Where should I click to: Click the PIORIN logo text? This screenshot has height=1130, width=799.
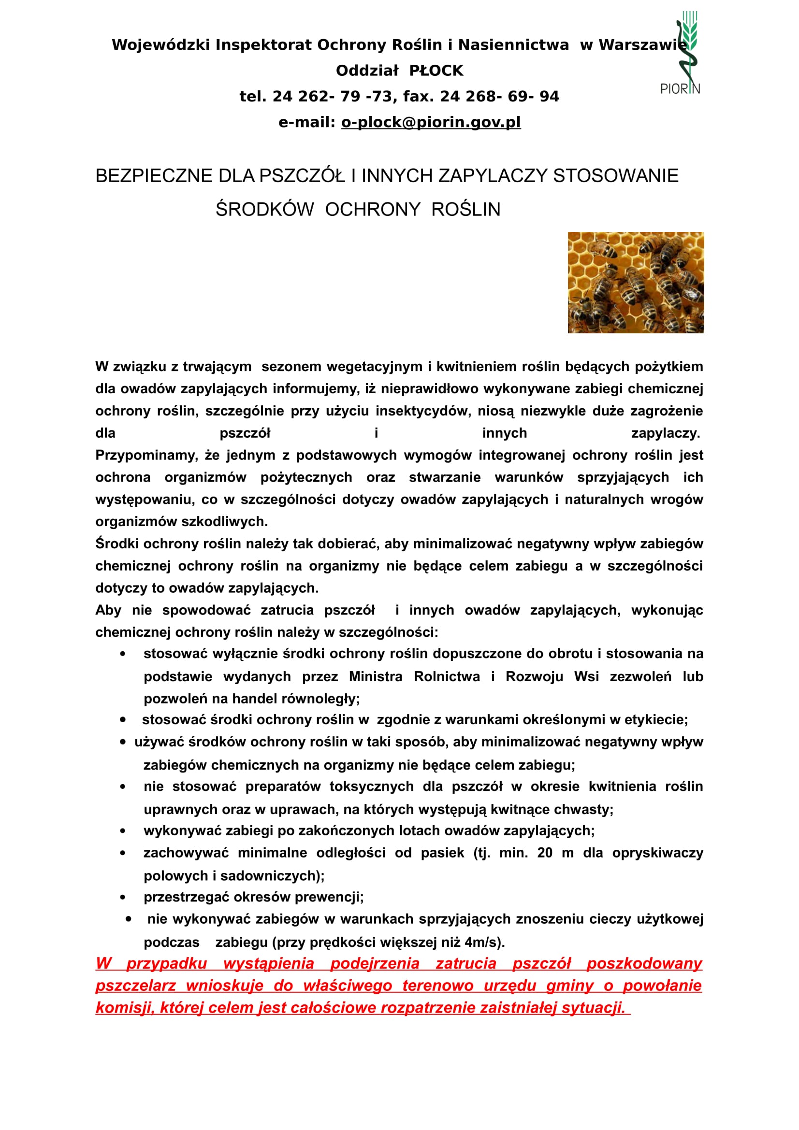pyautogui.click(x=680, y=88)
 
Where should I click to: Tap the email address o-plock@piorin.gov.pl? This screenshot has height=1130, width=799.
pyautogui.click(x=431, y=122)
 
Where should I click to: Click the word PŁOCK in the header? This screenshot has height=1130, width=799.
pyautogui.click(x=436, y=71)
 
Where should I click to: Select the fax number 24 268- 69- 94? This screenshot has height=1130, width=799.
pyautogui.click(x=499, y=97)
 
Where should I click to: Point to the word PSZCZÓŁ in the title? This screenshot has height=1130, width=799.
pyautogui.click(x=302, y=176)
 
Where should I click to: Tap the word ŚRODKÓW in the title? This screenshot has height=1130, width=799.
pyautogui.click(x=264, y=210)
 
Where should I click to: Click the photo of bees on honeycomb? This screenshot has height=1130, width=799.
pyautogui.click(x=636, y=283)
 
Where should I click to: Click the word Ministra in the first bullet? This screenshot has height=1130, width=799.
pyautogui.click(x=375, y=677)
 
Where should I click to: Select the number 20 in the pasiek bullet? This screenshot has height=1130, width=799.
pyautogui.click(x=544, y=852)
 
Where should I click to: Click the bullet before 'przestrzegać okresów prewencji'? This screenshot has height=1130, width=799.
pyautogui.click(x=123, y=897)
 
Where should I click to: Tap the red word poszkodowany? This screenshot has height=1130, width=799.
pyautogui.click(x=643, y=963)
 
